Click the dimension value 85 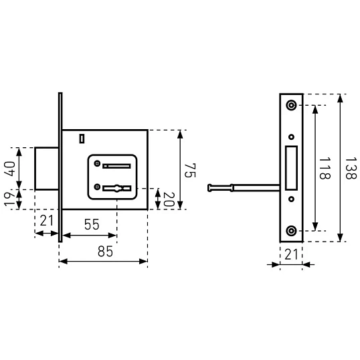click(x=105, y=251)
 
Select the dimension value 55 click(x=92, y=224)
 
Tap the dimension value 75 click(x=190, y=171)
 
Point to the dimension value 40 click(x=9, y=169)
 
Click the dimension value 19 click(x=9, y=199)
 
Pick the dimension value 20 click(x=169, y=199)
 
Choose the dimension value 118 click(x=325, y=168)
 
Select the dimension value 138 click(x=351, y=168)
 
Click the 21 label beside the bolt click(x=47, y=221)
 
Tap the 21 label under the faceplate click(x=291, y=254)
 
